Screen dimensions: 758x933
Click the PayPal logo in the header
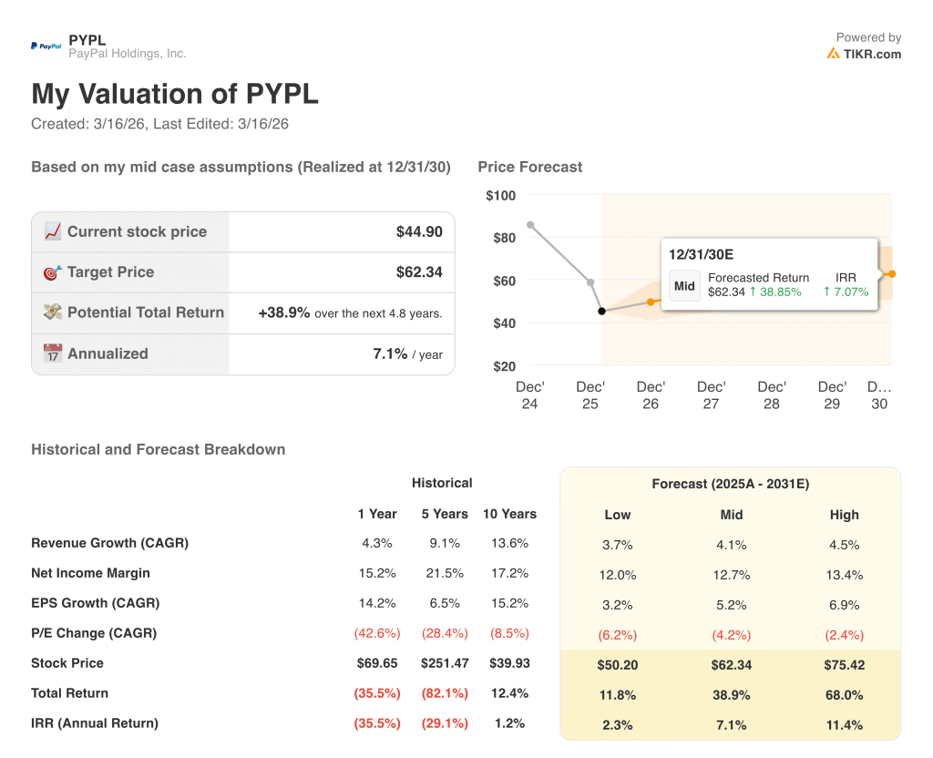tap(46, 46)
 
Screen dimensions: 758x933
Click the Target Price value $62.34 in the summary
tap(419, 271)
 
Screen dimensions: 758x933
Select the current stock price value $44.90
tap(419, 231)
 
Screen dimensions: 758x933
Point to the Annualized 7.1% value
tap(390, 353)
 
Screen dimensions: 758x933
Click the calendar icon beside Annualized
tap(53, 353)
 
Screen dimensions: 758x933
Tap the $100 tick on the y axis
tap(500, 195)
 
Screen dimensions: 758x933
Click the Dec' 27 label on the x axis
tap(711, 394)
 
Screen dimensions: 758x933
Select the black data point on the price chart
tap(601, 312)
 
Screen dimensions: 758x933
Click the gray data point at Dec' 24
tap(530, 224)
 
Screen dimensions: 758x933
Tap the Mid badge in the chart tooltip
tap(684, 285)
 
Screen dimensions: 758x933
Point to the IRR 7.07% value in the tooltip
tap(846, 292)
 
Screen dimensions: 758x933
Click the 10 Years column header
tap(509, 514)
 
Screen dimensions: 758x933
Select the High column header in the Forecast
tap(844, 515)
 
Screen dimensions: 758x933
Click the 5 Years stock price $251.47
tap(445, 663)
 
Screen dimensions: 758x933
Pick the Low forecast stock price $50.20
tap(618, 665)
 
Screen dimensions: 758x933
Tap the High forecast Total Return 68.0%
tap(844, 695)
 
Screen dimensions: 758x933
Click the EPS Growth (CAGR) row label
tap(95, 603)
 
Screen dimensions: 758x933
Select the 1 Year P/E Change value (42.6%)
tap(377, 633)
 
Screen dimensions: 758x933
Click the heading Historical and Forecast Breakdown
tap(158, 449)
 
